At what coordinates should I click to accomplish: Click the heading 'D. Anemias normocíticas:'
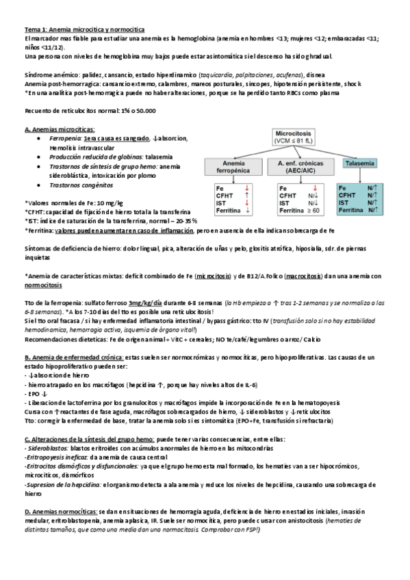[x=61, y=510]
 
